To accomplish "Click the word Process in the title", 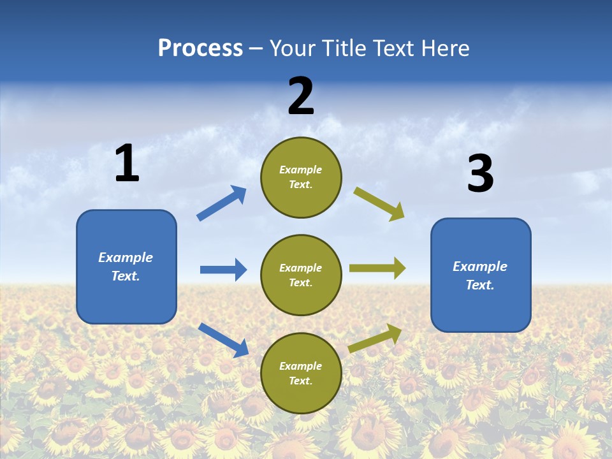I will click(200, 48).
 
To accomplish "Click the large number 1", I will click(127, 164).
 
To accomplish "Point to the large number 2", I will click(301, 96).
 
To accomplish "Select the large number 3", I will click(480, 174).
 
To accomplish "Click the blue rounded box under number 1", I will click(126, 266).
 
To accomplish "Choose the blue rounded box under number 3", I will click(481, 275).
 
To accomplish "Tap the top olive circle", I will click(301, 177).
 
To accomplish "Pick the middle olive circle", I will click(301, 275).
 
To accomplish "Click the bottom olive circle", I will click(301, 374).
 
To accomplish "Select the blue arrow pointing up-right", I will click(222, 203).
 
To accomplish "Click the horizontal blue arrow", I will click(223, 270).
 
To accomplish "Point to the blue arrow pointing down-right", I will click(223, 340).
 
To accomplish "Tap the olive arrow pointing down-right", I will click(379, 203).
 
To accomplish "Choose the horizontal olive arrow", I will click(377, 268).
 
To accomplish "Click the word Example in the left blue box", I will click(126, 258).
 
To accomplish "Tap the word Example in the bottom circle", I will click(301, 366).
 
